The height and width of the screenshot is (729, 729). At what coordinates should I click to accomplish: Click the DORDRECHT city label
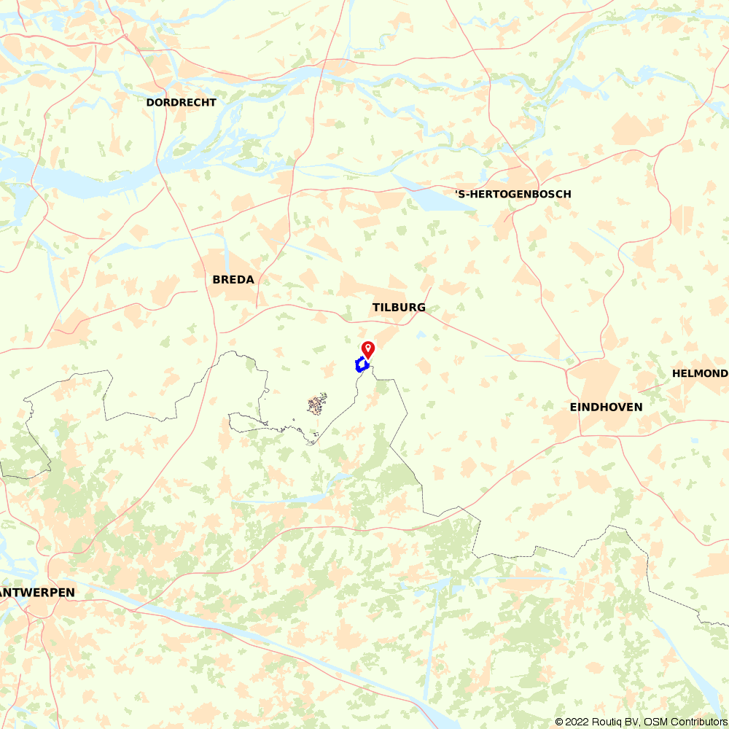point(181,103)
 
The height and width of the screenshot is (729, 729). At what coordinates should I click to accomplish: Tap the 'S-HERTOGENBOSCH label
point(512,194)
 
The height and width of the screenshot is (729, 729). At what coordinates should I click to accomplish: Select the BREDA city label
point(233,280)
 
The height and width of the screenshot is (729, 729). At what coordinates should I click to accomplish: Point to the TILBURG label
point(399,308)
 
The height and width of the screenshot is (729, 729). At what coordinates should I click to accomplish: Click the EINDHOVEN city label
point(606,407)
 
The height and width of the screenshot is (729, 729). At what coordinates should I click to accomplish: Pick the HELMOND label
point(699,373)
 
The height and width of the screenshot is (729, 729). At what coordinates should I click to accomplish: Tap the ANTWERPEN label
point(36,593)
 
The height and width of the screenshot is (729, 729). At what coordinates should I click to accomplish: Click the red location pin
point(368,348)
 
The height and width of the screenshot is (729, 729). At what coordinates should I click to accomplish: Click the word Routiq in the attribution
point(604,722)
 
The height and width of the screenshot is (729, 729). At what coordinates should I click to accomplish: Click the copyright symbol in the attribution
point(559,722)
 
